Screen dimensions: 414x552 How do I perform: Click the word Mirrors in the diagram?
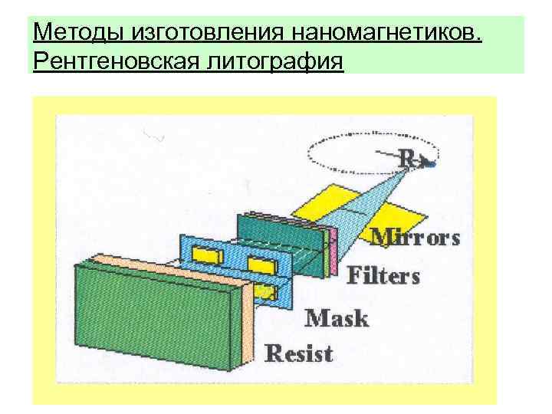tap(416, 238)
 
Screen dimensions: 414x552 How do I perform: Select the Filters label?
tap(383, 274)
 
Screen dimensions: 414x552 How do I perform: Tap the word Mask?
tap(337, 317)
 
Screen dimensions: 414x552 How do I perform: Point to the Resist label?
tap(299, 353)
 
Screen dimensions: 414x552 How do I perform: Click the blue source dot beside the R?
tap(433, 164)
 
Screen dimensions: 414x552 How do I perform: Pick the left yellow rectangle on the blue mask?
tap(206, 252)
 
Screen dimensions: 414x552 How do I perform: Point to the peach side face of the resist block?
tap(247, 322)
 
